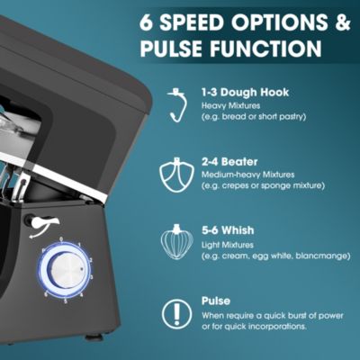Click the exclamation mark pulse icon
[x=177, y=314]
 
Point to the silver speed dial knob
[x=66, y=273]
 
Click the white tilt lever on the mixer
[x=44, y=222]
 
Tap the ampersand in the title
[x=342, y=22]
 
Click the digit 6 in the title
[x=147, y=22]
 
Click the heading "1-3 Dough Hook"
[x=245, y=93]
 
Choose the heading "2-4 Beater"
[x=229, y=162]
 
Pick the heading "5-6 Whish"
[x=228, y=230]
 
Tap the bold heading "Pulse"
[x=216, y=301]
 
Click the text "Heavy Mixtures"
[x=231, y=105]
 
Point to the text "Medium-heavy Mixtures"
[x=248, y=175]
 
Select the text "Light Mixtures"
[x=228, y=245]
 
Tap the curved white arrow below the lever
[x=39, y=233]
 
